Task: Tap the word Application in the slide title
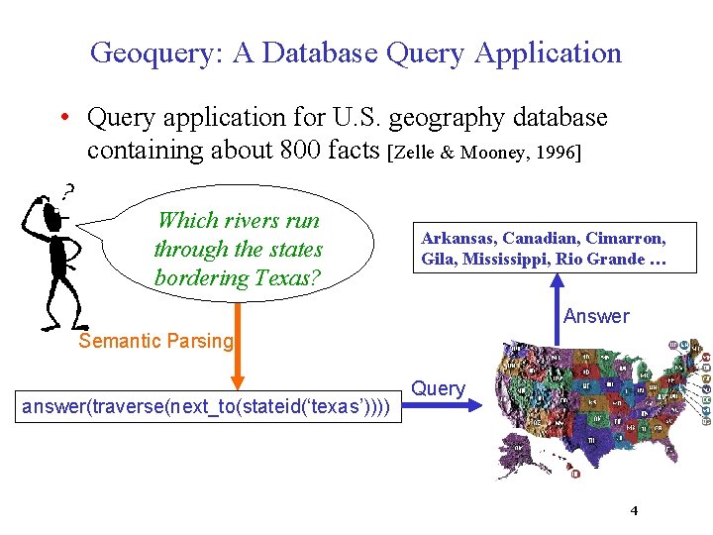pyautogui.click(x=548, y=53)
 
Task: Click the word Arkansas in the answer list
pyautogui.click(x=458, y=239)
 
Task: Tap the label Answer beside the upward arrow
pyautogui.click(x=596, y=316)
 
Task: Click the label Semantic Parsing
pyautogui.click(x=155, y=341)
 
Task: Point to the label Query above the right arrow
pyautogui.click(x=438, y=388)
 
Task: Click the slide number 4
pyautogui.click(x=634, y=510)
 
